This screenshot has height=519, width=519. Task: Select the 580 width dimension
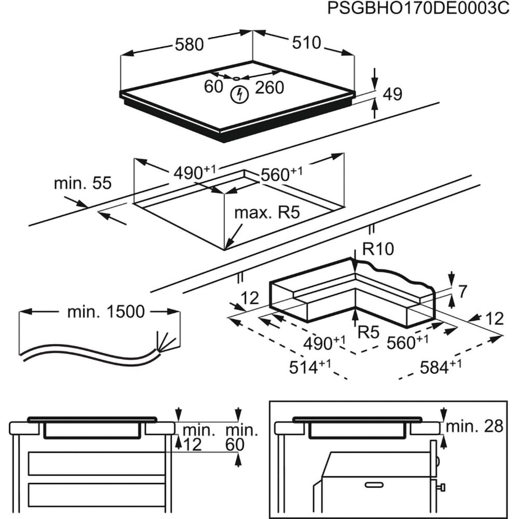pyautogui.click(x=188, y=45)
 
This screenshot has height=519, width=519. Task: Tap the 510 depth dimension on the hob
pyautogui.click(x=306, y=43)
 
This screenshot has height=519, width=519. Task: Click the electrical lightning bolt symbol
pyautogui.click(x=239, y=94)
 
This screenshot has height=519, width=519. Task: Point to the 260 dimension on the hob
pyautogui.click(x=269, y=87)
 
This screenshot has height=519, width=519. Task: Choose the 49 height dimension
pyautogui.click(x=392, y=94)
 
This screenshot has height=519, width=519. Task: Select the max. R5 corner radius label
pyautogui.click(x=267, y=212)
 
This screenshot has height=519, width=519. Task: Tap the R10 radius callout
pyautogui.click(x=378, y=250)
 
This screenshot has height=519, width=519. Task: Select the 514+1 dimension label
pyautogui.click(x=310, y=367)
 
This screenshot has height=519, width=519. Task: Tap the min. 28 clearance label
pyautogui.click(x=474, y=427)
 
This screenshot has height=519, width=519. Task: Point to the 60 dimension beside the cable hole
pyautogui.click(x=213, y=87)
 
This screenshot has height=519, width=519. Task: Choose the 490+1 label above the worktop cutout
pyautogui.click(x=195, y=173)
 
